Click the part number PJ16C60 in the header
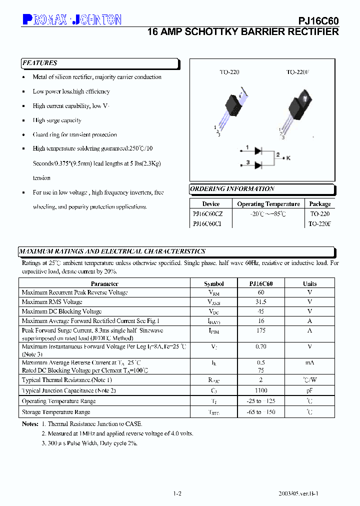tap(318, 20)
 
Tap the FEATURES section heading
tap(40, 63)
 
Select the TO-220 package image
tap(233, 105)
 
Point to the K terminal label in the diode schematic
tap(288, 157)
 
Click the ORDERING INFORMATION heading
tap(232, 189)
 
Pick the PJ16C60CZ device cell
tap(208, 213)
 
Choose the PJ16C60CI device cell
tap(207, 224)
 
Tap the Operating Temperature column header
tap(268, 204)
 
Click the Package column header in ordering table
tap(319, 204)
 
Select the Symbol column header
tap(214, 283)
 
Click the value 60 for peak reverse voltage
tap(261, 292)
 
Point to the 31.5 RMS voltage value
tap(261, 302)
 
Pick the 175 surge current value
tap(261, 330)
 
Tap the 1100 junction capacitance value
tap(261, 390)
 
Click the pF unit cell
tap(310, 390)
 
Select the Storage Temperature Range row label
tap(56, 412)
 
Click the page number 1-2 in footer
tap(177, 493)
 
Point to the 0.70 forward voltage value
tap(261, 346)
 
